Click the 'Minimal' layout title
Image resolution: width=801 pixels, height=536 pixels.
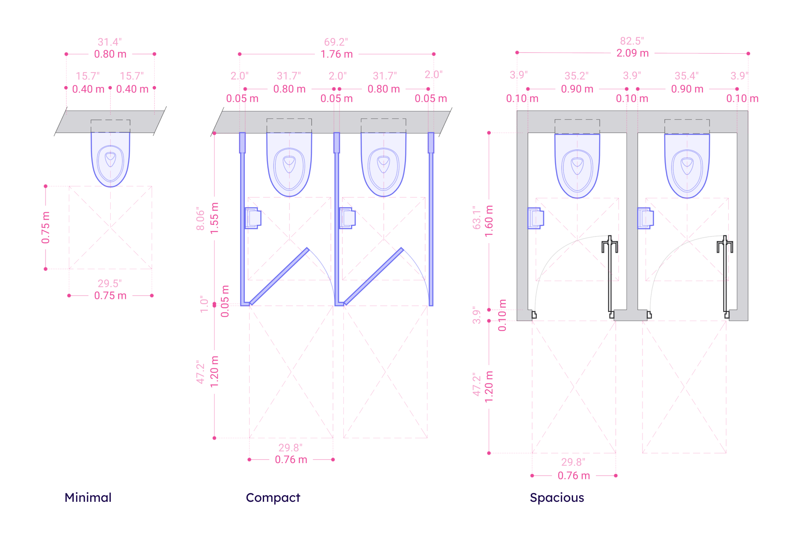click(88, 498)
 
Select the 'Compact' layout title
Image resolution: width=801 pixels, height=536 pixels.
click(273, 498)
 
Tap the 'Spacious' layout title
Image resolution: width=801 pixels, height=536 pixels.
click(557, 498)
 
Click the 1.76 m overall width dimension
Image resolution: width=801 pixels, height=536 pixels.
click(337, 54)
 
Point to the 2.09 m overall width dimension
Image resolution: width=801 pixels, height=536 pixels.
click(633, 53)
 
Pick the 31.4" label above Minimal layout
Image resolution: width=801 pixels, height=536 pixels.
click(110, 42)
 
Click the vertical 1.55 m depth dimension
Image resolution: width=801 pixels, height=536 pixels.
click(215, 218)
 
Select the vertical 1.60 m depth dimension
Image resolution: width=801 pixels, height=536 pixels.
click(489, 221)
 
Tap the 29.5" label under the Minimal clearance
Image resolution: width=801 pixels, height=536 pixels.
click(110, 284)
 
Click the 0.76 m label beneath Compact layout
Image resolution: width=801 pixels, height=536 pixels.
click(291, 460)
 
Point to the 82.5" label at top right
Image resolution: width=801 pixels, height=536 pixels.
click(632, 41)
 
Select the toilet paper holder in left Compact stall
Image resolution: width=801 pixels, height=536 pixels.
click(253, 218)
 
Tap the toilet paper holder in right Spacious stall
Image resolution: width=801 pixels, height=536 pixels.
click(645, 218)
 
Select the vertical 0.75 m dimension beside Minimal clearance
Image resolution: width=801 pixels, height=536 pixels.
click(46, 228)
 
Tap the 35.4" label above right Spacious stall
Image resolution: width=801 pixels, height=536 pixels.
click(686, 76)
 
